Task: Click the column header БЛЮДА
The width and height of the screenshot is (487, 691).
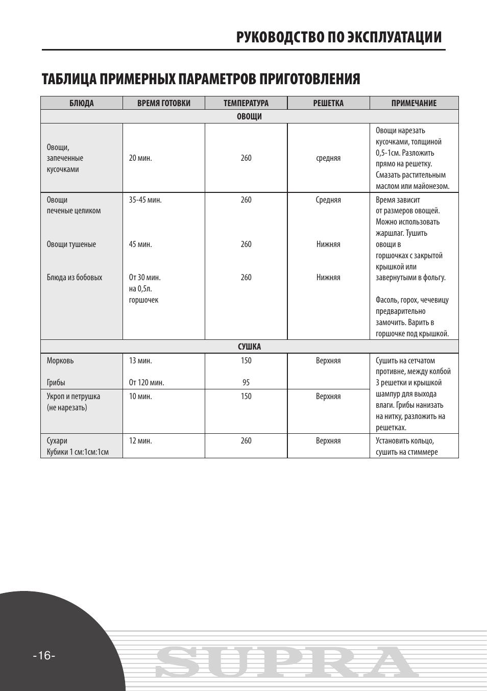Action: (x=82, y=103)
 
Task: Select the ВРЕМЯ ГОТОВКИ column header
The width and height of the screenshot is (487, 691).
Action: (x=164, y=103)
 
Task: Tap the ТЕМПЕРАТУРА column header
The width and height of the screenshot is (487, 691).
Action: (x=246, y=103)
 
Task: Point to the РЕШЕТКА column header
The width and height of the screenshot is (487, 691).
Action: (x=328, y=103)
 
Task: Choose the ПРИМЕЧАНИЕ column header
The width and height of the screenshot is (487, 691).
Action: (x=414, y=103)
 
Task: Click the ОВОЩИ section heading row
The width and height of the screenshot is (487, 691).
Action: (x=249, y=116)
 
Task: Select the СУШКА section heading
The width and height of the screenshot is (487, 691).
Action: (x=249, y=347)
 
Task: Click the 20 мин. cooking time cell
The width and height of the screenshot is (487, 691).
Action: (x=140, y=158)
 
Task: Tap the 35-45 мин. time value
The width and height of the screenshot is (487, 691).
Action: (x=145, y=200)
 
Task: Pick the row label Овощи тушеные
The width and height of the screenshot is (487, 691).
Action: (x=71, y=244)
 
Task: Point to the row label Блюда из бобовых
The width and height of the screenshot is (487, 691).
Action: (x=75, y=278)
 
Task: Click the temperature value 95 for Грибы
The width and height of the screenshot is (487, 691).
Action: (x=246, y=383)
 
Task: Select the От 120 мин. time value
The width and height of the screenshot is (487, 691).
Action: (x=147, y=383)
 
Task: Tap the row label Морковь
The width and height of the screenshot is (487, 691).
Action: (x=60, y=361)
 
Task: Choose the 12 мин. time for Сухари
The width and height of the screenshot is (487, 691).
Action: (x=140, y=441)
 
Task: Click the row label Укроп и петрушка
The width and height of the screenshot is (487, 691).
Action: (x=74, y=397)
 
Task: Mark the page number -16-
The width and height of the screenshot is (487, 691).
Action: (x=44, y=656)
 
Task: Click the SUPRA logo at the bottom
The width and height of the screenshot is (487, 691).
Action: (x=286, y=663)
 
